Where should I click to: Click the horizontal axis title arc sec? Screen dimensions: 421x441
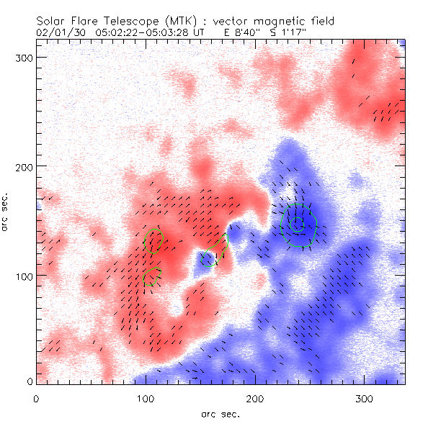coord(220,413)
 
